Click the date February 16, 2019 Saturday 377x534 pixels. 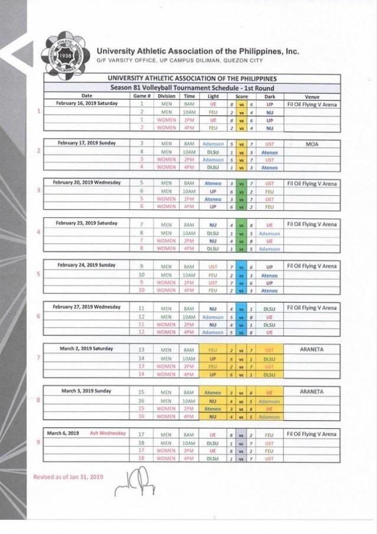(x=87, y=103)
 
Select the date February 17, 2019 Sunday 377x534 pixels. (x=87, y=143)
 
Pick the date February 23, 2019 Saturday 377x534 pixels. (x=87, y=224)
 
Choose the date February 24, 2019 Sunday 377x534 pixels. (x=87, y=265)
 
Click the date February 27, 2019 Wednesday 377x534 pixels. (x=87, y=307)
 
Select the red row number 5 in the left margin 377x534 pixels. (x=39, y=274)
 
